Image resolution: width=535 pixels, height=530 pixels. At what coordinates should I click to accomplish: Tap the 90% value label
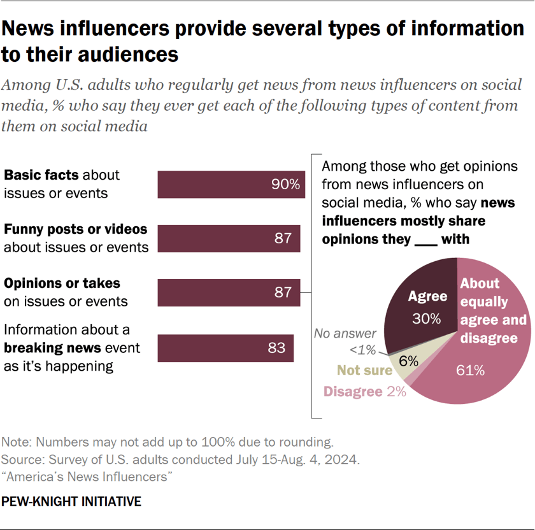284,185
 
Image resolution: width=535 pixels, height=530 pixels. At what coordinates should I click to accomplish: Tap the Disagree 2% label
365,392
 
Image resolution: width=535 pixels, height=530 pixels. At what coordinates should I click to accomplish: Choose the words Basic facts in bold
41,175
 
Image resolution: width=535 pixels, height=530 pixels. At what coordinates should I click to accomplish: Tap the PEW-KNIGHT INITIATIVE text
71,501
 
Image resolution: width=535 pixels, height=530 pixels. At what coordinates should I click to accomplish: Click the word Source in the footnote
20,459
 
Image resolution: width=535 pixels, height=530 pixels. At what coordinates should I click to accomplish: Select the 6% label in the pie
408,361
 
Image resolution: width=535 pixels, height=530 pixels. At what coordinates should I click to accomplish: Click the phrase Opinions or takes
62,282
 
